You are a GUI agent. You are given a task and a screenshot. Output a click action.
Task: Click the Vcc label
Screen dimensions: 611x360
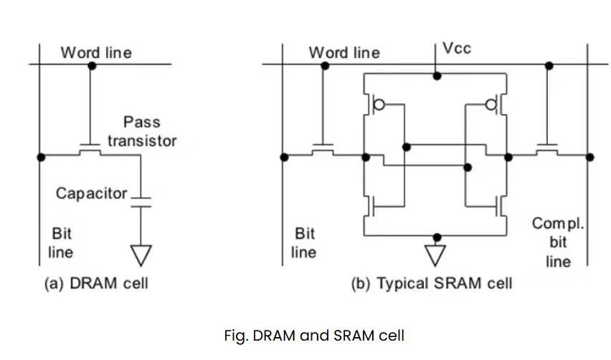pyautogui.click(x=457, y=49)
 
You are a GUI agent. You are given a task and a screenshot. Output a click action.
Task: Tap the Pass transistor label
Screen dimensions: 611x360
pyautogui.click(x=142, y=131)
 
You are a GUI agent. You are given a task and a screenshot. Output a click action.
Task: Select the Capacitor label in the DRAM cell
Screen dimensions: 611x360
pyautogui.click(x=91, y=194)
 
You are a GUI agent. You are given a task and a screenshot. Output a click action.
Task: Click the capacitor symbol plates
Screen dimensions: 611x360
pyautogui.click(x=141, y=202)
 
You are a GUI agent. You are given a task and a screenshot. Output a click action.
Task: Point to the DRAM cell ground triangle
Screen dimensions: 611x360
pyautogui.click(x=141, y=255)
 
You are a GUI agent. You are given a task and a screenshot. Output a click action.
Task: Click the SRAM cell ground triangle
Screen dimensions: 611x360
pyautogui.click(x=435, y=255)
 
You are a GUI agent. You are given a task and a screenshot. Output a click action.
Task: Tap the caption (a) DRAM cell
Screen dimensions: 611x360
pyautogui.click(x=96, y=283)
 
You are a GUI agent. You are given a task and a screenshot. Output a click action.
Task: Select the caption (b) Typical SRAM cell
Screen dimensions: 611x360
pyautogui.click(x=432, y=283)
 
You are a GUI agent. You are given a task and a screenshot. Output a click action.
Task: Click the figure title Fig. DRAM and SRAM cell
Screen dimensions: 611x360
pyautogui.click(x=314, y=336)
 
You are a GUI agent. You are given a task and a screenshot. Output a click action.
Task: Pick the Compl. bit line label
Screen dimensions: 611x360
pyautogui.click(x=558, y=242)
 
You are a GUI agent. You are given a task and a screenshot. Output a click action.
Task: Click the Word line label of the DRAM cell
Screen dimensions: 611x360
pyautogui.click(x=96, y=52)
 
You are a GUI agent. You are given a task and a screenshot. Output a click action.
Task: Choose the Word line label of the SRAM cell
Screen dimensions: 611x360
pyautogui.click(x=344, y=52)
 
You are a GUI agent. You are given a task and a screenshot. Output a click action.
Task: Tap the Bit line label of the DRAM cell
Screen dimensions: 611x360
pyautogui.click(x=61, y=243)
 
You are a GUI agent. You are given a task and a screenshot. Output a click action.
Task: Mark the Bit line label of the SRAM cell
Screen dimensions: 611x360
pyautogui.click(x=304, y=243)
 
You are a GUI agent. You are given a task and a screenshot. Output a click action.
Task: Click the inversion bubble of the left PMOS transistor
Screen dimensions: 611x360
pyautogui.click(x=379, y=105)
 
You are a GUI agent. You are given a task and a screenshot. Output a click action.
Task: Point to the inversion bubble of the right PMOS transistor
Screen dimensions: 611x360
pyautogui.click(x=491, y=105)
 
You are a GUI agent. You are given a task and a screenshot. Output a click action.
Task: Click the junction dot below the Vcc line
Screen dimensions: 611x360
pyautogui.click(x=437, y=76)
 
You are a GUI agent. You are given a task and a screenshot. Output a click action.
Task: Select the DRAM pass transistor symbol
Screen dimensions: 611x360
pyautogui.click(x=90, y=150)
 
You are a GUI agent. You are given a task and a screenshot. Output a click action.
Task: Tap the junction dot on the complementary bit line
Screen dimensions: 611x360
pyautogui.click(x=590, y=157)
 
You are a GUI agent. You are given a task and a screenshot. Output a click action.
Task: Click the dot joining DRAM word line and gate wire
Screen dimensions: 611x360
pyautogui.click(x=92, y=66)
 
